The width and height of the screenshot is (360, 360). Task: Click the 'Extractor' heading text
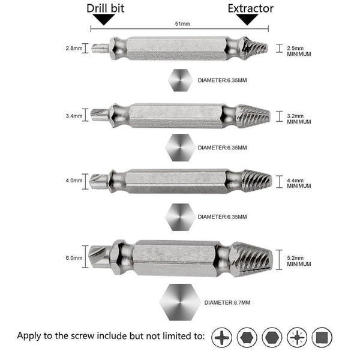click(250, 8)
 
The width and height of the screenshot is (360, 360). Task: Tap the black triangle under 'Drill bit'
click(105, 20)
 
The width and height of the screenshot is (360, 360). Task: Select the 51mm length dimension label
click(181, 25)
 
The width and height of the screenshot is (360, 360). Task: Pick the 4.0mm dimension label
click(74, 180)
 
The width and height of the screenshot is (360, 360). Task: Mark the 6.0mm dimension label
click(74, 257)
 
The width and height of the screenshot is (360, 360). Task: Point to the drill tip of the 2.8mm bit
click(99, 46)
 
